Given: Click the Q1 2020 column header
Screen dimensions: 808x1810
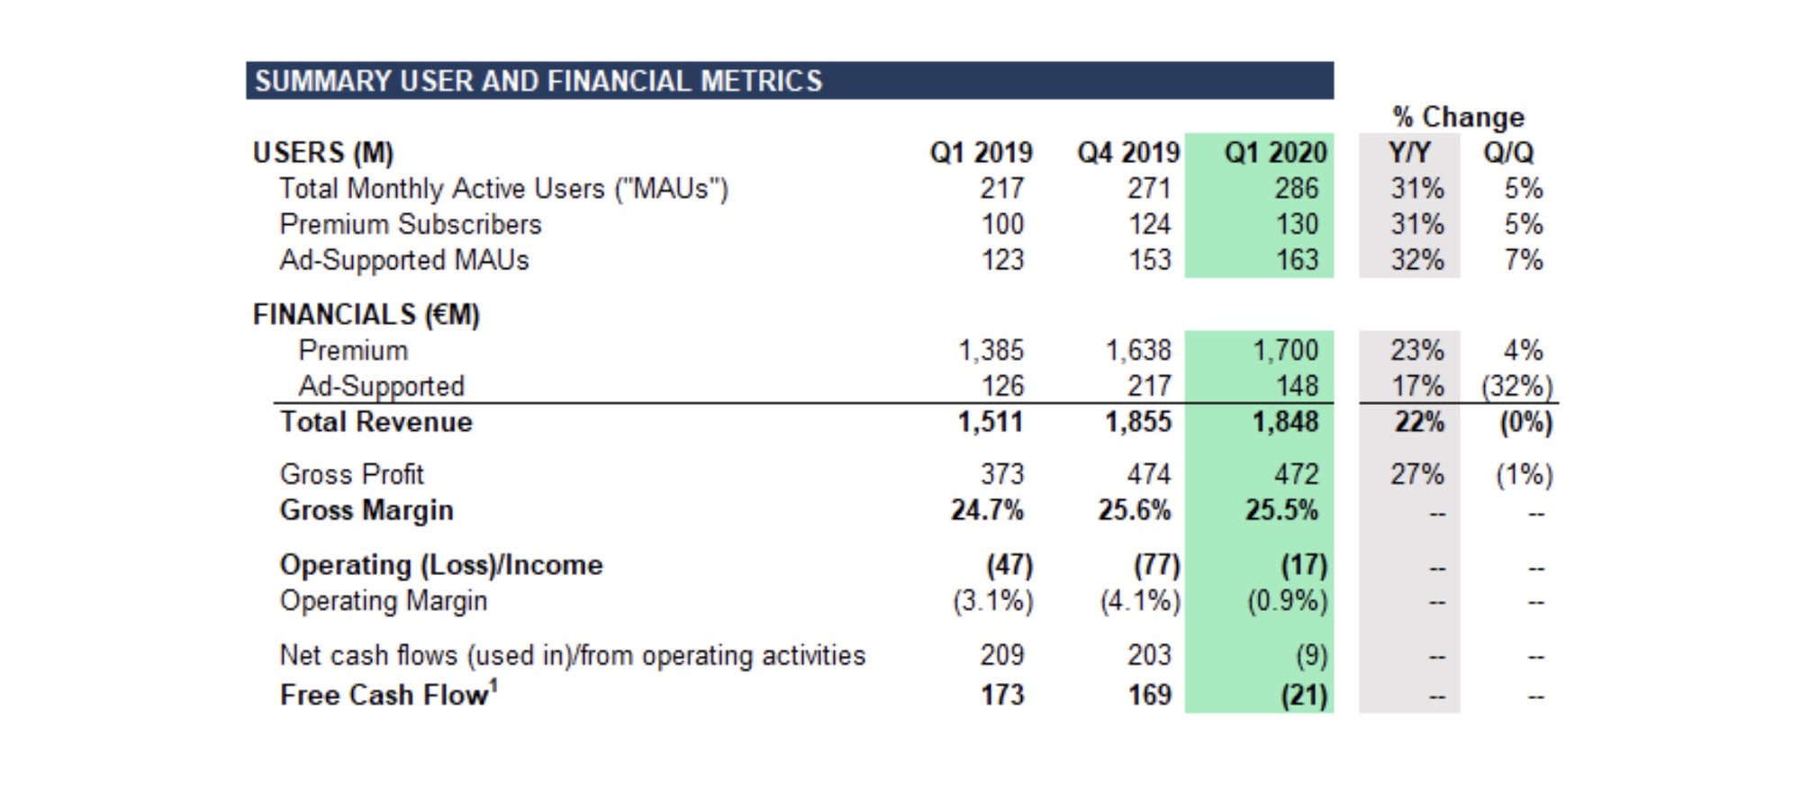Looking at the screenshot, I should pyautogui.click(x=1275, y=152).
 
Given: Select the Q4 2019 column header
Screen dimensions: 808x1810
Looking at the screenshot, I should pyautogui.click(x=1127, y=152).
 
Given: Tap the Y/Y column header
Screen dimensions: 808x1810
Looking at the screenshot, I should pyautogui.click(x=1409, y=152).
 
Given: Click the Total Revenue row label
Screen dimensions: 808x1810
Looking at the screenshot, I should pyautogui.click(x=376, y=422).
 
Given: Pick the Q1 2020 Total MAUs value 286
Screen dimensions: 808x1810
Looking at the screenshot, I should pyautogui.click(x=1296, y=188).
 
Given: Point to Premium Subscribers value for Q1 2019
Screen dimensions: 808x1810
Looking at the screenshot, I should pyautogui.click(x=1002, y=224).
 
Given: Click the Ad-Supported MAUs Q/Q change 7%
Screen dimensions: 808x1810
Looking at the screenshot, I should pyautogui.click(x=1524, y=260).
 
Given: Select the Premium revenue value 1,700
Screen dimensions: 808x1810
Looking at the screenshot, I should pyautogui.click(x=1285, y=350).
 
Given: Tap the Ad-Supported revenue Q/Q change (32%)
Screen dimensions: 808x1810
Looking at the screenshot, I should pyautogui.click(x=1517, y=386).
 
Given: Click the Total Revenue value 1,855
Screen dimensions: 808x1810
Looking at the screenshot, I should pyautogui.click(x=1138, y=422).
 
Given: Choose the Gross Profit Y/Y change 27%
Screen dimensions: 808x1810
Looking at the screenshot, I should pyautogui.click(x=1416, y=474).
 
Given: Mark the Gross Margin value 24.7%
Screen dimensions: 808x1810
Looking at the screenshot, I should pyautogui.click(x=987, y=510).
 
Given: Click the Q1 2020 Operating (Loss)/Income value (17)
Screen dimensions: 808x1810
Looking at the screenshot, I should pyautogui.click(x=1304, y=565).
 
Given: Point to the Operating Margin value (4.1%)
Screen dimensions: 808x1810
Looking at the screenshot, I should pyautogui.click(x=1139, y=601).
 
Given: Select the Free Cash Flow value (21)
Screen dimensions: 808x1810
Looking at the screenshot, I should pyautogui.click(x=1304, y=696).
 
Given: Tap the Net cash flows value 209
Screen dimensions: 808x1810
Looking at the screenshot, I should pyautogui.click(x=1002, y=655).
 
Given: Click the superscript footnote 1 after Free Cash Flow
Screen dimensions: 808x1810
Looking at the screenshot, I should pyautogui.click(x=493, y=686).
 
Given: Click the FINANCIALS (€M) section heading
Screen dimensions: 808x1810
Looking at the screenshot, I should pyautogui.click(x=366, y=314).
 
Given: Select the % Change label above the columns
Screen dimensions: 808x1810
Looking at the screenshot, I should pyautogui.click(x=1458, y=117).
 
